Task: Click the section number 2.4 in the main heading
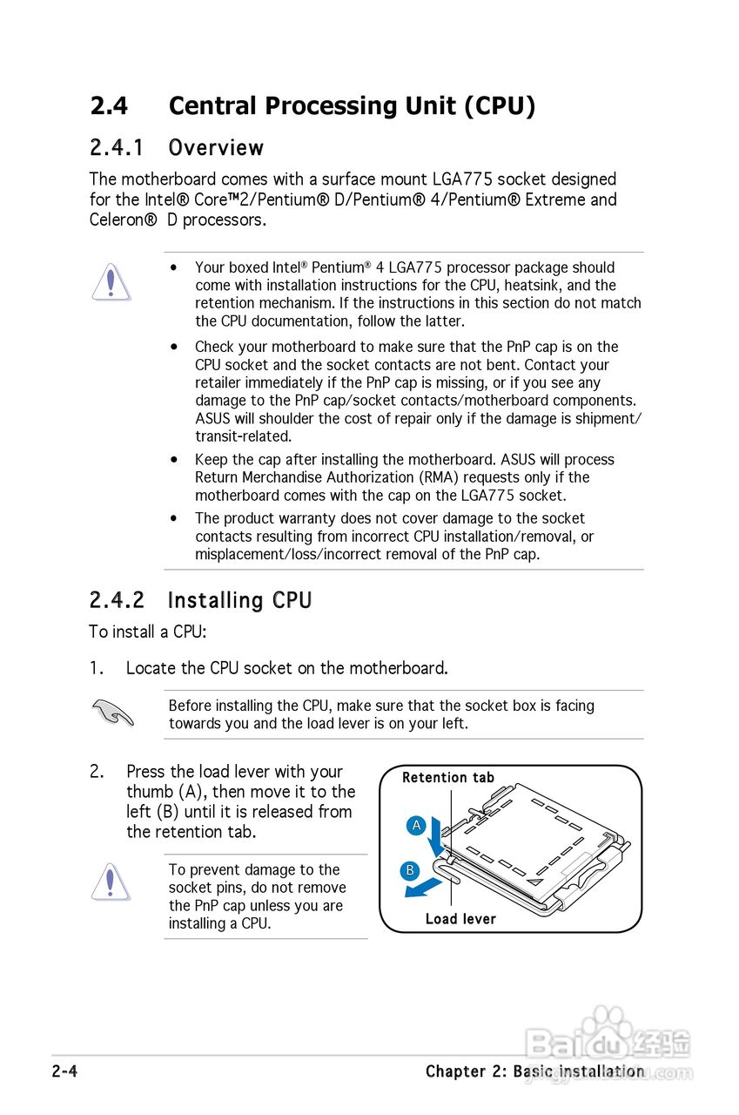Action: tap(109, 106)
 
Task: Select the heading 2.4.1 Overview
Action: tap(177, 148)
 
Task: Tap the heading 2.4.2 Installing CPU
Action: tap(200, 601)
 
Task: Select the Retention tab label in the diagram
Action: tap(447, 777)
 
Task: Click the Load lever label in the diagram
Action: tap(460, 919)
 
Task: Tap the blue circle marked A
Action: tap(416, 825)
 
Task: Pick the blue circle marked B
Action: tap(410, 869)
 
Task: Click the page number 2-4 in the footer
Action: tap(64, 1071)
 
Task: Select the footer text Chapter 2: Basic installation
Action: tap(534, 1071)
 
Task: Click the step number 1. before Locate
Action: tap(97, 668)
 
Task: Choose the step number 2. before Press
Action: tap(97, 772)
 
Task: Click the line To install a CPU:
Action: tap(147, 632)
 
